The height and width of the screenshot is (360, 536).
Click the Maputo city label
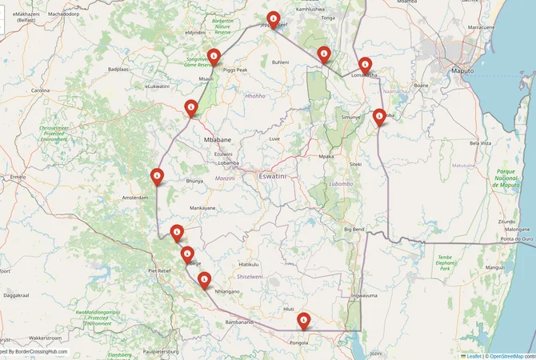pyautogui.click(x=462, y=70)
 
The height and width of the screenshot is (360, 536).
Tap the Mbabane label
pyautogui.click(x=218, y=139)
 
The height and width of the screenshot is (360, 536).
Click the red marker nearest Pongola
pyautogui.click(x=303, y=320)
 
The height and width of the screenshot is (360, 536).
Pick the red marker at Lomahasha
pyautogui.click(x=366, y=65)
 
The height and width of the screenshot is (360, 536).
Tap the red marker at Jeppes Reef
pyautogui.click(x=274, y=19)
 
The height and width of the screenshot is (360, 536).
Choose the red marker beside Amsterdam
pyautogui.click(x=158, y=176)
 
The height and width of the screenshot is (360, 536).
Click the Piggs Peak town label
pyautogui.click(x=235, y=70)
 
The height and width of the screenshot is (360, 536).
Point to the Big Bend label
pyautogui.click(x=354, y=230)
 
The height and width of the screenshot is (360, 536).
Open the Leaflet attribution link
pyautogui.click(x=473, y=355)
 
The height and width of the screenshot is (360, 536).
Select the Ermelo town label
pyautogui.click(x=17, y=177)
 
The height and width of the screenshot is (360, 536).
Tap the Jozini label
pyautogui.click(x=376, y=352)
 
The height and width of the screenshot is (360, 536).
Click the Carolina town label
pyautogui.click(x=41, y=90)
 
